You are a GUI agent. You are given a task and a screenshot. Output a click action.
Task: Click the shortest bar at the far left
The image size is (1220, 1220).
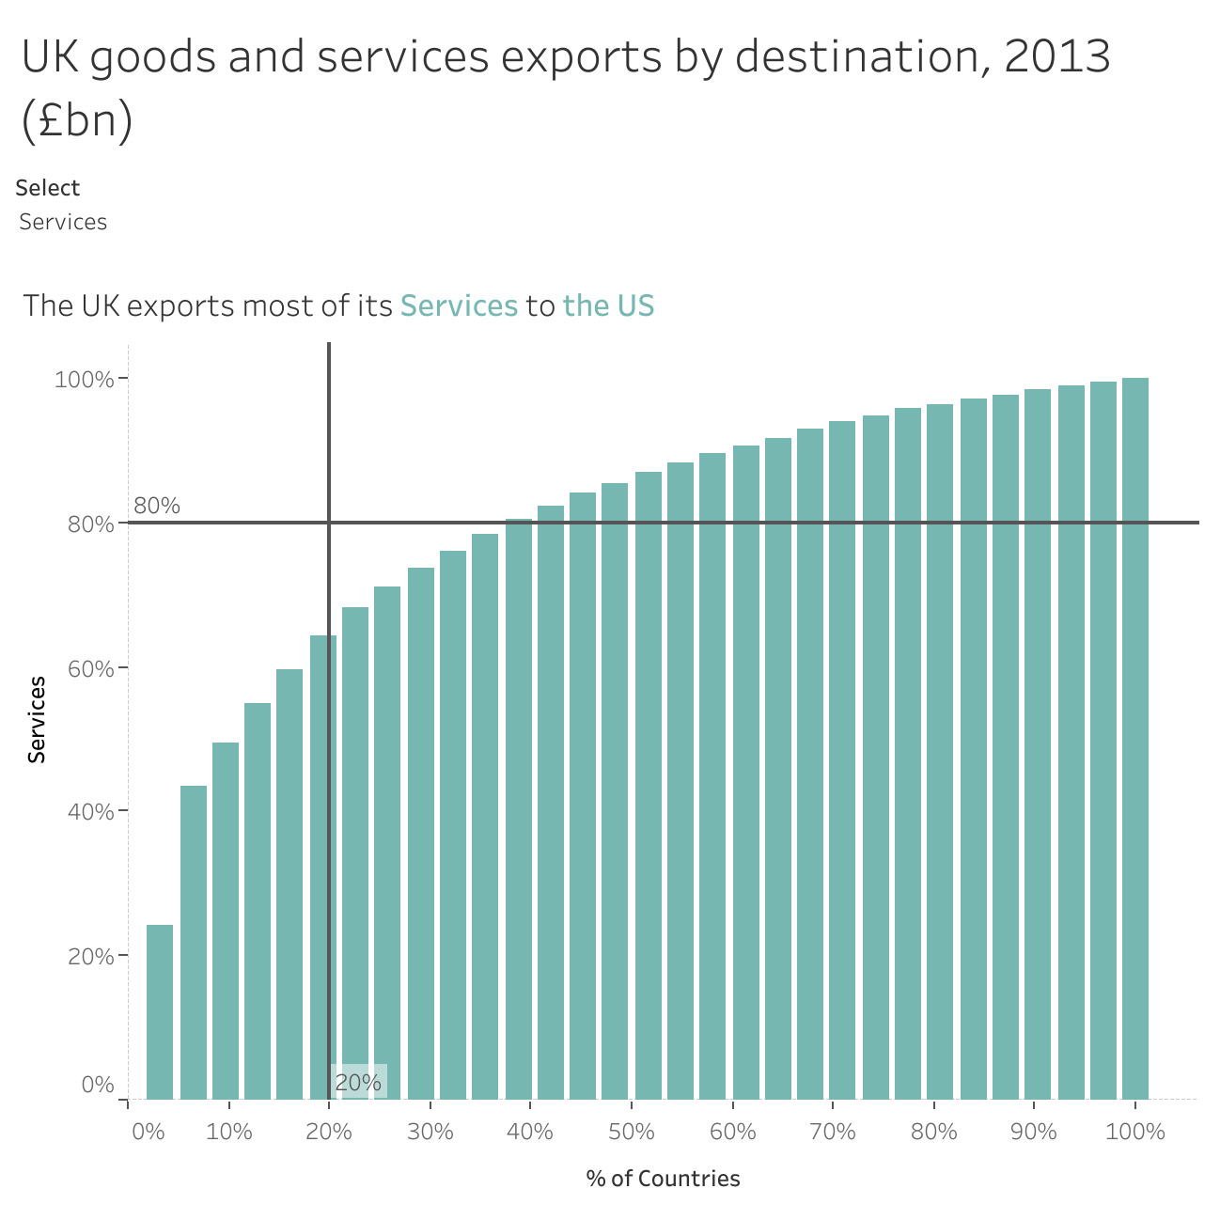click(160, 1011)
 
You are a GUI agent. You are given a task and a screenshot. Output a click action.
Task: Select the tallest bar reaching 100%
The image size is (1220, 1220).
click(1135, 738)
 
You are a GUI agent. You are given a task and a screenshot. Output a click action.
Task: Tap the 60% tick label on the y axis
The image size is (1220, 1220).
click(90, 668)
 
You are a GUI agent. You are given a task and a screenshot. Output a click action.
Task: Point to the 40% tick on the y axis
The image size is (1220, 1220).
click(90, 811)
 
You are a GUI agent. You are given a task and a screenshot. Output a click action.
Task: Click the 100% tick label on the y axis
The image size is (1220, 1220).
click(85, 380)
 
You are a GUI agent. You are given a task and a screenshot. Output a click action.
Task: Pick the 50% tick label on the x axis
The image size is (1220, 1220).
click(632, 1132)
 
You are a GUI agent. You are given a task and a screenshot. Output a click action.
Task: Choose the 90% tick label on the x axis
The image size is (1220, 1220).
click(1034, 1132)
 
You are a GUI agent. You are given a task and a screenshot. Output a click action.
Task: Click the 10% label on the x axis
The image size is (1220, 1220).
click(229, 1132)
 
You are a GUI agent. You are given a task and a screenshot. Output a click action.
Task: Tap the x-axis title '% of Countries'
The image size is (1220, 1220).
click(663, 1179)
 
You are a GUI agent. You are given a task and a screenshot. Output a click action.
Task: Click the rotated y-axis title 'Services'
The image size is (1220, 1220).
click(37, 719)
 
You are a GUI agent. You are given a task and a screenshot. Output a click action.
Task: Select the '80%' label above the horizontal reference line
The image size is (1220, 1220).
click(157, 506)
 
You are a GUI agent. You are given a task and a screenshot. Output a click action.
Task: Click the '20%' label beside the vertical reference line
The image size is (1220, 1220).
click(358, 1083)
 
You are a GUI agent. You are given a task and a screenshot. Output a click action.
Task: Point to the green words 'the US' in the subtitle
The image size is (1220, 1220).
click(608, 306)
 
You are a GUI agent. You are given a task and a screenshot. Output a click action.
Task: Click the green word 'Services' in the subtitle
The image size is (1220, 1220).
click(459, 306)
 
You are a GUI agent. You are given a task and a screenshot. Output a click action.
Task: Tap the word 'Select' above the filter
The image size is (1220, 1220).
click(48, 188)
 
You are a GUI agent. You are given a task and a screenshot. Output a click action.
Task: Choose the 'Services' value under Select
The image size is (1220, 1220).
click(63, 222)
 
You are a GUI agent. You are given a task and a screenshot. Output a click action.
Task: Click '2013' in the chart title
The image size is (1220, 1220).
click(1057, 57)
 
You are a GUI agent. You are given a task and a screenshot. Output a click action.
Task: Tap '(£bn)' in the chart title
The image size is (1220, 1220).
click(77, 121)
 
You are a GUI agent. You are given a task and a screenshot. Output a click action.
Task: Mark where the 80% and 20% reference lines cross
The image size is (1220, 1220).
click(329, 522)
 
